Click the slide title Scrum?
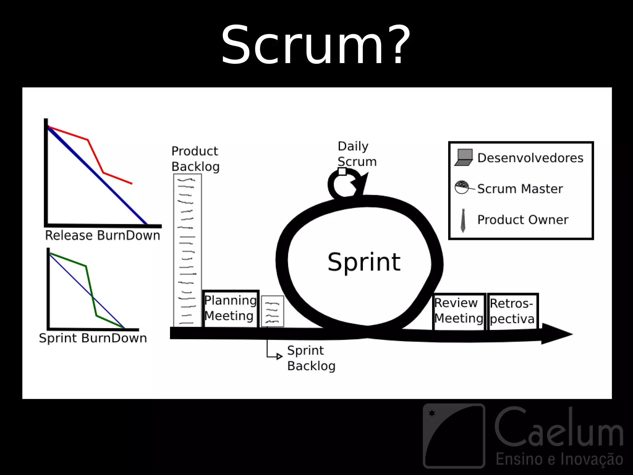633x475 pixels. point(316,45)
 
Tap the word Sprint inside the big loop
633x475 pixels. point(364,262)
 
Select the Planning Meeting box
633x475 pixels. point(231,308)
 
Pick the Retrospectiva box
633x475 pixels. point(512,311)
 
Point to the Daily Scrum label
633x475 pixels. point(357,154)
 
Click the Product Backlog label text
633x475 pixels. point(195,159)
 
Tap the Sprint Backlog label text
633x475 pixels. point(311,358)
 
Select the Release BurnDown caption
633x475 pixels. point(103,236)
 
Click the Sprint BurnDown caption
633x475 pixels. point(93,338)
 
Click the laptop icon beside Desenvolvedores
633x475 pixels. point(464,158)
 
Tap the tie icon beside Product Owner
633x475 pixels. point(463,220)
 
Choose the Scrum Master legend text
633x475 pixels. point(520,189)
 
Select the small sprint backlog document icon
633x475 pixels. point(272,311)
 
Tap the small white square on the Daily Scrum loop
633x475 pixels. point(342,172)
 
